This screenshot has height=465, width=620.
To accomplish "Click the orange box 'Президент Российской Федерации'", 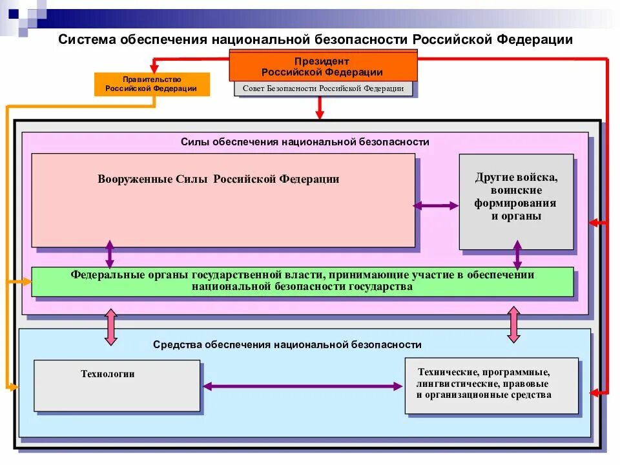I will [x=322, y=67].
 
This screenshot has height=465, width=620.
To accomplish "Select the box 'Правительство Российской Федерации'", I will [x=151, y=84].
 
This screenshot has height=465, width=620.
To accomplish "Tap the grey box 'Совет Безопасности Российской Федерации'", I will [x=323, y=89].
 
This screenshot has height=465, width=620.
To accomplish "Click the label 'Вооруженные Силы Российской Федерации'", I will [x=218, y=180].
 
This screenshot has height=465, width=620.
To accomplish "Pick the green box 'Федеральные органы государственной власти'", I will [x=302, y=282].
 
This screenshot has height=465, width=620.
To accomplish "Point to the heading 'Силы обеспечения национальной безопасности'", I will [x=305, y=142].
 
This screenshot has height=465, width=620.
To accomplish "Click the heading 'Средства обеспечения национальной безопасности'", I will [x=287, y=345].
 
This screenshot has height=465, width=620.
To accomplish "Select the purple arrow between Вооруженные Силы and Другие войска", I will [x=436, y=206].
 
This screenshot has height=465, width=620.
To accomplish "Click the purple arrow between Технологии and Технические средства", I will [x=302, y=386].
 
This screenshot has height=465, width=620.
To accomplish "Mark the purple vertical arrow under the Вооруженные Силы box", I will [x=110, y=254].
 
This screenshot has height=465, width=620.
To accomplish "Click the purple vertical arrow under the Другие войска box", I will [x=517, y=254].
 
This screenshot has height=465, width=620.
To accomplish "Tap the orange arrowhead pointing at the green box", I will [x=25, y=281].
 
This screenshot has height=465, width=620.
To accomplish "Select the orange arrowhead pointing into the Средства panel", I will [x=13, y=386].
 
